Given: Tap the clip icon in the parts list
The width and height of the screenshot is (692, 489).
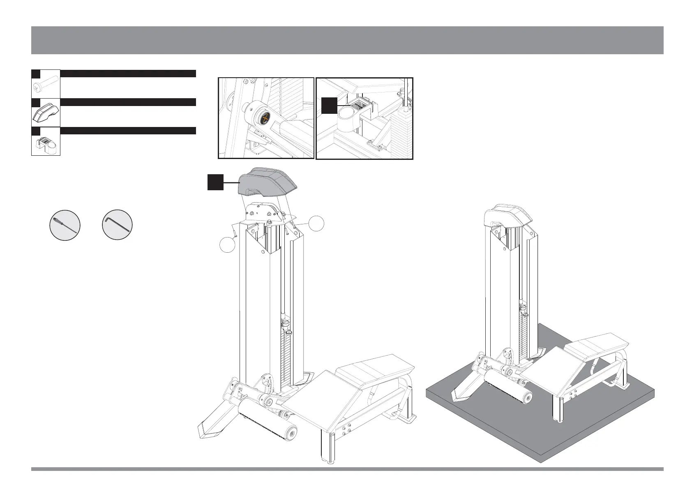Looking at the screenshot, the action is pyautogui.click(x=46, y=144).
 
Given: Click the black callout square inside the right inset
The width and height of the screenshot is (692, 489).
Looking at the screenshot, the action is pyautogui.click(x=329, y=105).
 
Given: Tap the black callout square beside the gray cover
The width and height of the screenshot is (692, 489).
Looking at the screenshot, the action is pyautogui.click(x=215, y=182).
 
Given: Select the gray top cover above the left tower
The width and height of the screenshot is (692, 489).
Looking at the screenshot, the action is pyautogui.click(x=267, y=183).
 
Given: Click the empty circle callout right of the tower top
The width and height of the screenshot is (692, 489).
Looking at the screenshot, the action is pyautogui.click(x=316, y=224).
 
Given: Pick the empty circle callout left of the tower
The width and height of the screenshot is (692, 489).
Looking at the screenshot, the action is pyautogui.click(x=227, y=245).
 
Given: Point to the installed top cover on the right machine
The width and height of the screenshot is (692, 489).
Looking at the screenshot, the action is pyautogui.click(x=507, y=216).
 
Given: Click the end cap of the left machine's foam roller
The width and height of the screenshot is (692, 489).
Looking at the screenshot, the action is pyautogui.click(x=292, y=433).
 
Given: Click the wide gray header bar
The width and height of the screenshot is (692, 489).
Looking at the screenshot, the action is pyautogui.click(x=347, y=40).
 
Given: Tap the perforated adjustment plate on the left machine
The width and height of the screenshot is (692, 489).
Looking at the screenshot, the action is pyautogui.click(x=268, y=386).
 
